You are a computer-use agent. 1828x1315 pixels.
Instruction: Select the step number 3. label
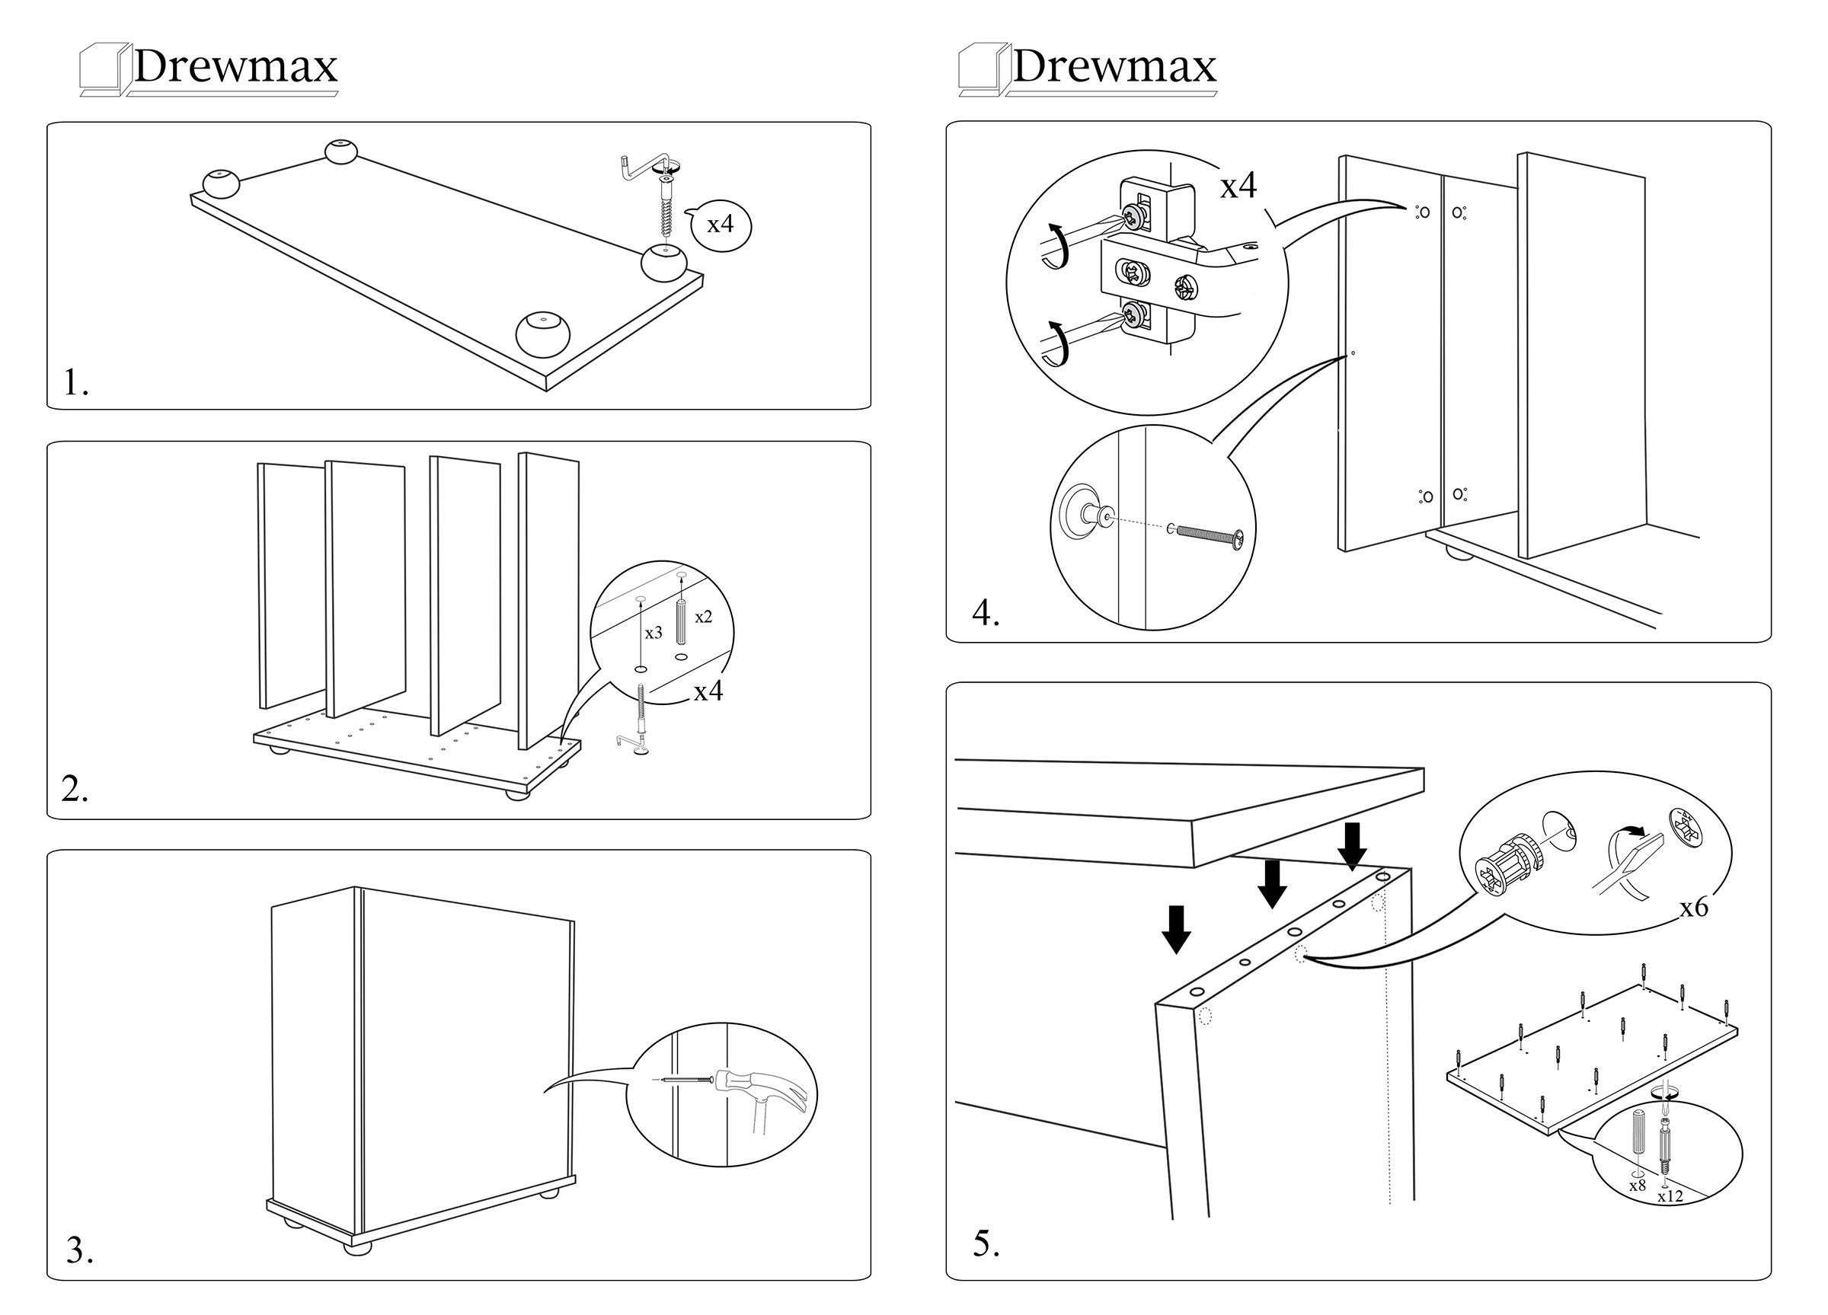click(79, 1250)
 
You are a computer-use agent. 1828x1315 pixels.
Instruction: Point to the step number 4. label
click(985, 613)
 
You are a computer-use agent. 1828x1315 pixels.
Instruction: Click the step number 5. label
click(986, 1243)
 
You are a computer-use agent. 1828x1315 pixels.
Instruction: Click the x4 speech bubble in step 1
click(721, 225)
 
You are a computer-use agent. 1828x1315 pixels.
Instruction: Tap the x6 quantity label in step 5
click(1693, 908)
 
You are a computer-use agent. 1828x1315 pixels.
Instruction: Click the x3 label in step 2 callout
click(653, 634)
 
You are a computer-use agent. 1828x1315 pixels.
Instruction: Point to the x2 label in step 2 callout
click(703, 618)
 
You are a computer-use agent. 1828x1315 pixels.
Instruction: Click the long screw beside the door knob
click(1209, 535)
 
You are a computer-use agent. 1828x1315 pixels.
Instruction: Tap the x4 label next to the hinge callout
click(1238, 186)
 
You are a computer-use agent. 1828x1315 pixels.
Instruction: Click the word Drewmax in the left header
click(235, 67)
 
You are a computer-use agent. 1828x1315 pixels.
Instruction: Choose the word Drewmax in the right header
click(1114, 67)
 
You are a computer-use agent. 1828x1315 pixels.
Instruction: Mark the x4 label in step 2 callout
click(708, 691)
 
